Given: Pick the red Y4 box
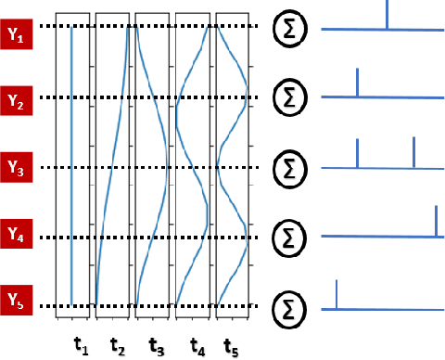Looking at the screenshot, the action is tap(16, 230).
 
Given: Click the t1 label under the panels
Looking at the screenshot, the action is tap(80, 345).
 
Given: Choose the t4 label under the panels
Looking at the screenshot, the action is tap(196, 345).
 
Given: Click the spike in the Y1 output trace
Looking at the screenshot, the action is tap(388, 15).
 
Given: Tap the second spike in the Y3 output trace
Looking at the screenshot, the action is tap(413, 152).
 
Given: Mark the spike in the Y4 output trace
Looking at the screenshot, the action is tap(436, 221).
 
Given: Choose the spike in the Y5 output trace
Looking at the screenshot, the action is tap(336, 293).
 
